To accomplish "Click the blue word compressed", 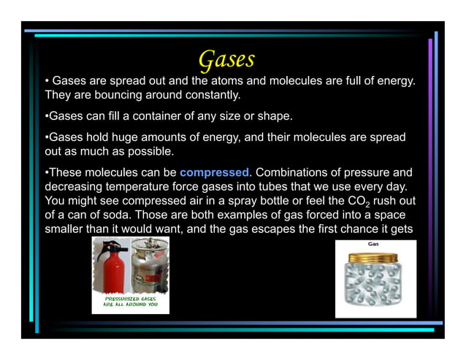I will click(x=214, y=173).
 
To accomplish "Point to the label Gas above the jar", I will click(x=373, y=243).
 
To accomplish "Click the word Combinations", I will click(x=299, y=173).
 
